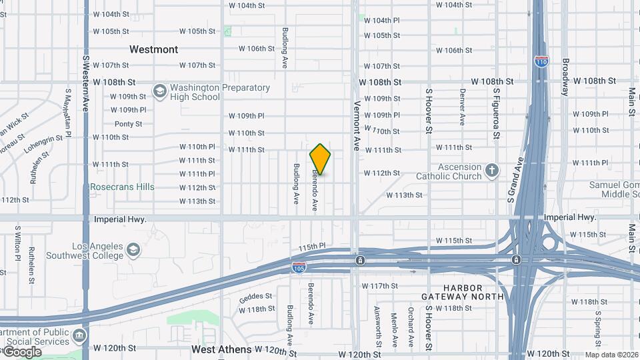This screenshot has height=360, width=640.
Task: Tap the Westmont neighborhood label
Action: click(x=153, y=49)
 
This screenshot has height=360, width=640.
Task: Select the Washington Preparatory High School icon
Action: click(x=159, y=90)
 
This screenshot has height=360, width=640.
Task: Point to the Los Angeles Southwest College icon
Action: click(x=133, y=250)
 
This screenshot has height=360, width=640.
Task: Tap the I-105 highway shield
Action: click(x=299, y=267)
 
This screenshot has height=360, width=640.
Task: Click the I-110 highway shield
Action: click(x=541, y=62)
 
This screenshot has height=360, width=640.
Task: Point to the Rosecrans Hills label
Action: click(x=122, y=187)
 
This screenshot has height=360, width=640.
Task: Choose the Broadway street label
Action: click(x=565, y=76)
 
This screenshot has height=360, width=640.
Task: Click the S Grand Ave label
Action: click(x=514, y=181)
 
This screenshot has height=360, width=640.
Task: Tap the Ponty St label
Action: click(x=128, y=124)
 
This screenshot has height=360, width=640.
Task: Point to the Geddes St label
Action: click(x=255, y=296)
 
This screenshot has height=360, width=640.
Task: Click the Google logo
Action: click(x=21, y=351)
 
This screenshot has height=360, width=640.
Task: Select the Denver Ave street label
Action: click(x=462, y=107)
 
